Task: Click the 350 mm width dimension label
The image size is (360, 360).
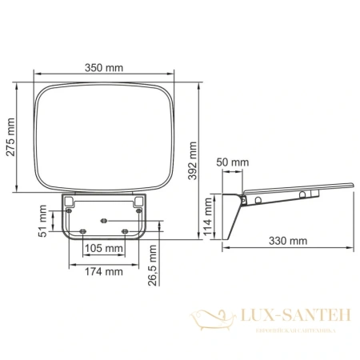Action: pos(103,68)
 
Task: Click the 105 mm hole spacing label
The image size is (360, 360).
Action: pos(104,249)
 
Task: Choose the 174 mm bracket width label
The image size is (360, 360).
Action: pos(103,273)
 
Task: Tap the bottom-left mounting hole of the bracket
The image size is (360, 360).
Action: pos(83,230)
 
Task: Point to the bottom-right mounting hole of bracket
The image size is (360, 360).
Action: pos(125,230)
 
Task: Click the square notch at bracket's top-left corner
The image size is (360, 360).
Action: pos(70,199)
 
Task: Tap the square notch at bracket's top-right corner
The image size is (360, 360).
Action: pos(138,199)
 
